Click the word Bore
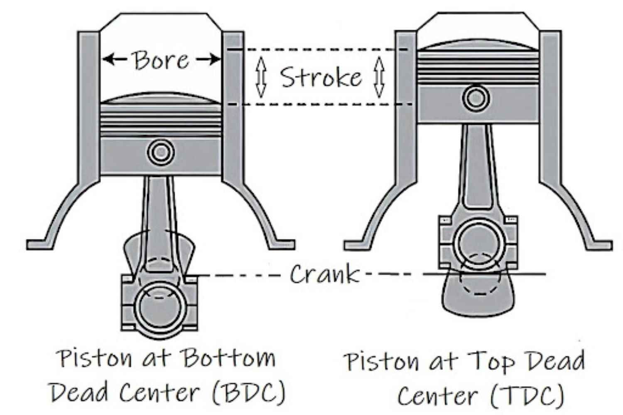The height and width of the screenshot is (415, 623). [x=161, y=61]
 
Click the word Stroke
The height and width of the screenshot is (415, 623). [x=320, y=77]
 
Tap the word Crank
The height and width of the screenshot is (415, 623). [x=324, y=274]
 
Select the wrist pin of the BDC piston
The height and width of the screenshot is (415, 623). [x=161, y=152]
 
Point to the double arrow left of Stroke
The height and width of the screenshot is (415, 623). [x=261, y=77]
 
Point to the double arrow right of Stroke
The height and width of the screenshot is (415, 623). [x=379, y=77]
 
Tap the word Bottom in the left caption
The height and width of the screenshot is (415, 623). [x=228, y=358]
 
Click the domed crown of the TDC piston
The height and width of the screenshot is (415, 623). [x=478, y=47]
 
